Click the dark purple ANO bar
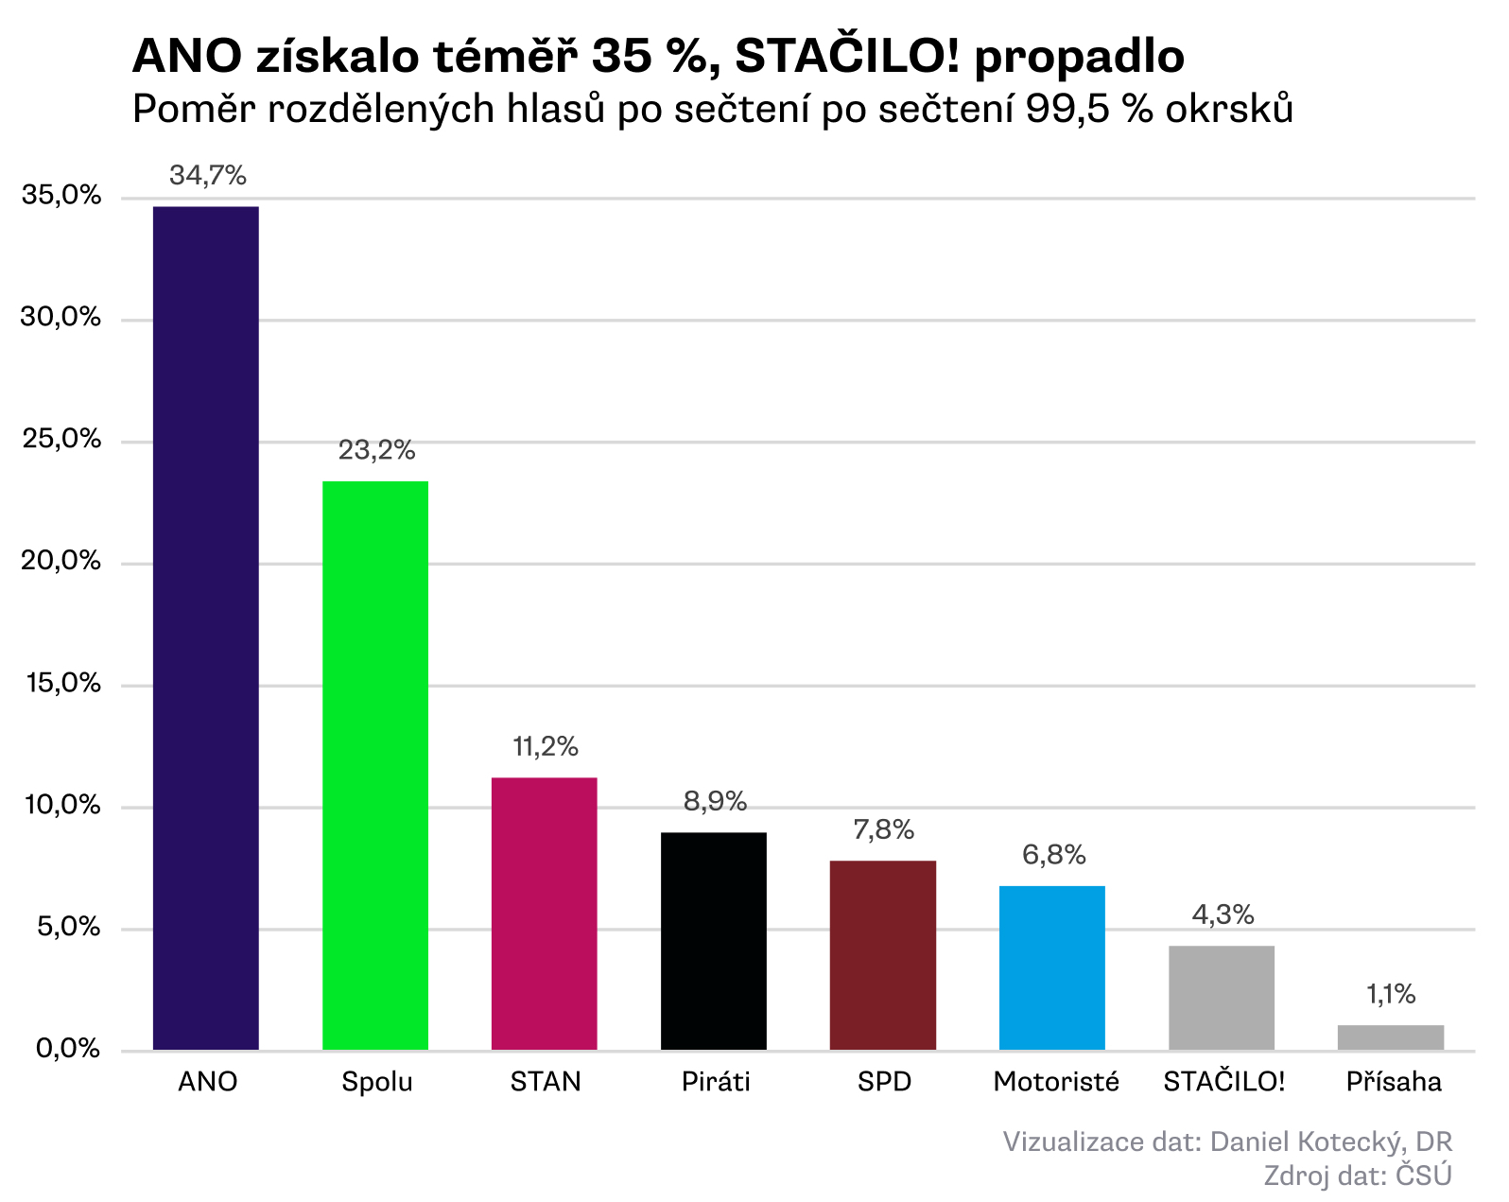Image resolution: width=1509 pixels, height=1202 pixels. pos(205,628)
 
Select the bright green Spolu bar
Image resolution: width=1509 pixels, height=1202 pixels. pos(375,765)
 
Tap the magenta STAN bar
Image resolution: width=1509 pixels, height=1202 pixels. pos(545,914)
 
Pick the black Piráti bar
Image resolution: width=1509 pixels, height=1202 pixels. pos(714,941)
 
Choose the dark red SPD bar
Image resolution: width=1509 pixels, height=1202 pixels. pos(883,955)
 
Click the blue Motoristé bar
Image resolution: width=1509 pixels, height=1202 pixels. pos(1052,967)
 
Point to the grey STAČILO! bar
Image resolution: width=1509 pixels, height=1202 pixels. pos(1222,998)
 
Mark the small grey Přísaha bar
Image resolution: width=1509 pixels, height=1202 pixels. pos(1391,1037)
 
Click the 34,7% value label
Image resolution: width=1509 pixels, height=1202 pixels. pos(208,175)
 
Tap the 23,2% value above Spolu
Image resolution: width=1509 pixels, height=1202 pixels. pos(376,450)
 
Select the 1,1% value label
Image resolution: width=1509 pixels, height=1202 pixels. pos(1391,994)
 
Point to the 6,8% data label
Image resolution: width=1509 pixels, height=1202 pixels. pos(1053,855)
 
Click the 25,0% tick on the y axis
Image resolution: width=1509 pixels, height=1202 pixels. pos(61,439)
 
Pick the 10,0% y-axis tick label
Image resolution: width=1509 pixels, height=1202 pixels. pos(61,805)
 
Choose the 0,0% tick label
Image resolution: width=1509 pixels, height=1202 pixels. pos(67,1049)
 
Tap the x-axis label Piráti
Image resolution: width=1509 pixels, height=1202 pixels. pos(716,1082)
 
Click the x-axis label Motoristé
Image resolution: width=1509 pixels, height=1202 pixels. pos(1056,1082)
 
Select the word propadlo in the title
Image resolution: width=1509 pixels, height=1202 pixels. pos(1079,57)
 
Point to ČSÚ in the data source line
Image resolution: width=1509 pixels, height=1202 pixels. pos(1424,1176)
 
